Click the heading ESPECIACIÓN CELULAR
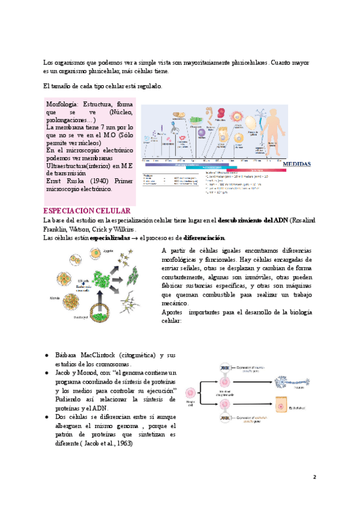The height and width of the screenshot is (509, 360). tap(88, 211)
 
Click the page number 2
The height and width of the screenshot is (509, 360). tap(314, 477)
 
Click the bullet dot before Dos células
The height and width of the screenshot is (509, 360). tap(47, 417)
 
